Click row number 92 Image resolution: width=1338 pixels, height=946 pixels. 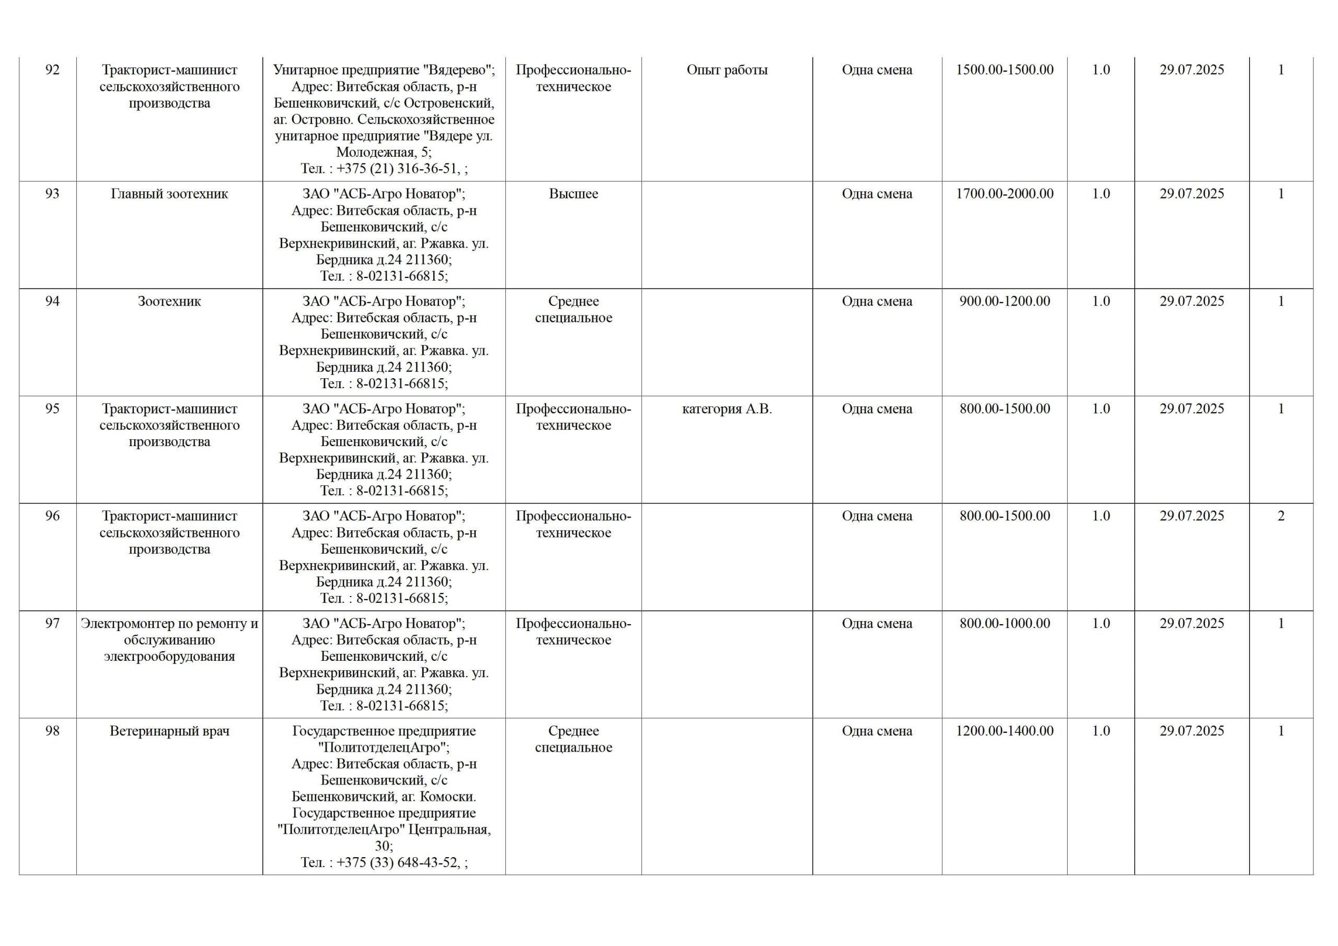(x=52, y=70)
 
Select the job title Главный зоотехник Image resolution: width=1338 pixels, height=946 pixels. (x=169, y=194)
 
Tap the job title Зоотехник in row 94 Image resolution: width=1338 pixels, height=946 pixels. (x=169, y=301)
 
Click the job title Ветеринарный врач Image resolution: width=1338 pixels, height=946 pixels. (x=169, y=731)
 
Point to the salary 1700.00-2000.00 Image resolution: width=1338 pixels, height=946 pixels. (x=1004, y=194)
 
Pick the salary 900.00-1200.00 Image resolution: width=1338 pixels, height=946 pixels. (x=1004, y=301)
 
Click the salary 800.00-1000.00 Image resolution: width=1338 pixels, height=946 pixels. (x=1004, y=623)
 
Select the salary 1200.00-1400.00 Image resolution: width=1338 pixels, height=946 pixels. (x=1004, y=731)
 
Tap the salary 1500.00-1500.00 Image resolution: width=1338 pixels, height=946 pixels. (x=1004, y=70)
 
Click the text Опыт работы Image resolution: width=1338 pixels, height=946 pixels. (x=726, y=70)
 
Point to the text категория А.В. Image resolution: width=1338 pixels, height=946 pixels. (x=726, y=409)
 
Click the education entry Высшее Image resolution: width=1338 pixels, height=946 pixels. (x=573, y=194)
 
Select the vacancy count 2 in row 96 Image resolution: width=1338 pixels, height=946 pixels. (x=1281, y=516)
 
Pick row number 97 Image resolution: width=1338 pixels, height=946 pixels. (x=52, y=623)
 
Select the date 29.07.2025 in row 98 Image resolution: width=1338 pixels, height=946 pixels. (x=1191, y=731)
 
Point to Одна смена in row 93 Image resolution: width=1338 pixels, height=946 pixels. (x=876, y=194)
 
